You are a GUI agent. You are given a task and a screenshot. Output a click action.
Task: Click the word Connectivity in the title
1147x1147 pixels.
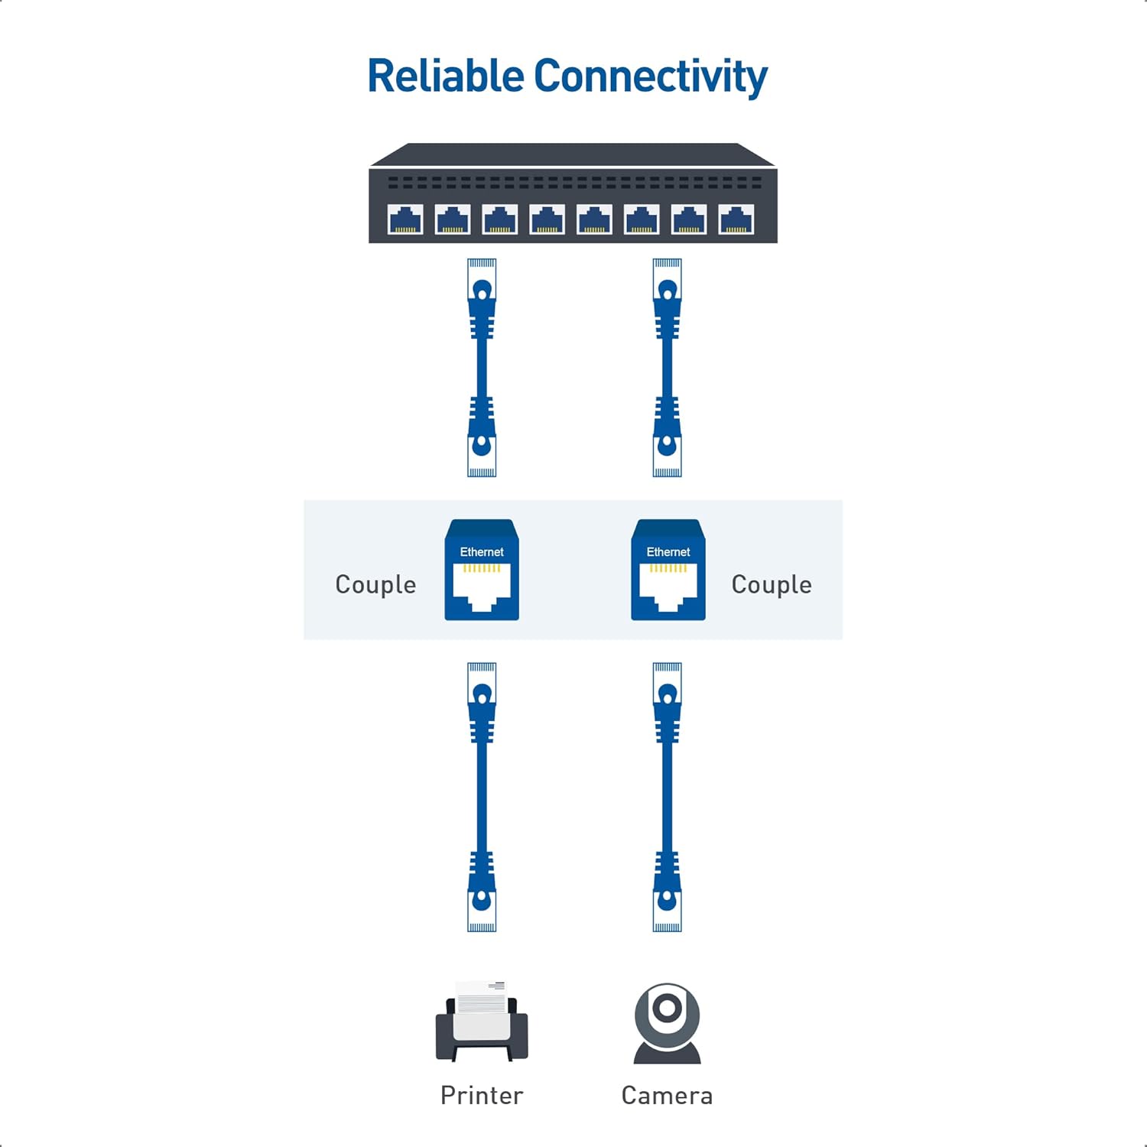point(650,78)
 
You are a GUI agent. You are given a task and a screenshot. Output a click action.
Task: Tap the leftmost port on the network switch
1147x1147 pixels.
point(405,219)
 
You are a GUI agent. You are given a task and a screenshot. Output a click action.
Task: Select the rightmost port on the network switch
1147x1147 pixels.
point(736,219)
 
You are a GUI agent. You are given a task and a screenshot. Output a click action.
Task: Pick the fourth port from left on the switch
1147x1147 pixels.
point(547,219)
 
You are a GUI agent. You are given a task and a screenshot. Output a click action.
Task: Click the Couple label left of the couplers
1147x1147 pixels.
point(375,585)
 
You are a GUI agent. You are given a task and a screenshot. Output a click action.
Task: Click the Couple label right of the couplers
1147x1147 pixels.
point(772,585)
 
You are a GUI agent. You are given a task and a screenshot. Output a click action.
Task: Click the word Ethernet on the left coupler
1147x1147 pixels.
point(482,552)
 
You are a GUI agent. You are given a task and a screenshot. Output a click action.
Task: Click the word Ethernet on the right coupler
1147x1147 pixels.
point(668,552)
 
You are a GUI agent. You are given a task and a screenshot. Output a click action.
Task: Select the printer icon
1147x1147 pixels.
point(482,1022)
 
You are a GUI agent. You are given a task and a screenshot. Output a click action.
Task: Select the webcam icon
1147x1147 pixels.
point(668,1023)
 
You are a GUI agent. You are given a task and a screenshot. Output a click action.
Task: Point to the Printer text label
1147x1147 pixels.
point(482,1096)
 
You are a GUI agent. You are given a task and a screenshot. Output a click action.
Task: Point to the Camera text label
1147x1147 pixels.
point(667,1096)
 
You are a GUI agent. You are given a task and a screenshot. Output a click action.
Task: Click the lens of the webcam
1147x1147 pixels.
point(667,1008)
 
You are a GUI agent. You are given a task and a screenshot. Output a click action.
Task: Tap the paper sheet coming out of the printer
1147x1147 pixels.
point(482,997)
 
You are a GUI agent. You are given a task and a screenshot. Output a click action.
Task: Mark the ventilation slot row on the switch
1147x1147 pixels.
point(573,183)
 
